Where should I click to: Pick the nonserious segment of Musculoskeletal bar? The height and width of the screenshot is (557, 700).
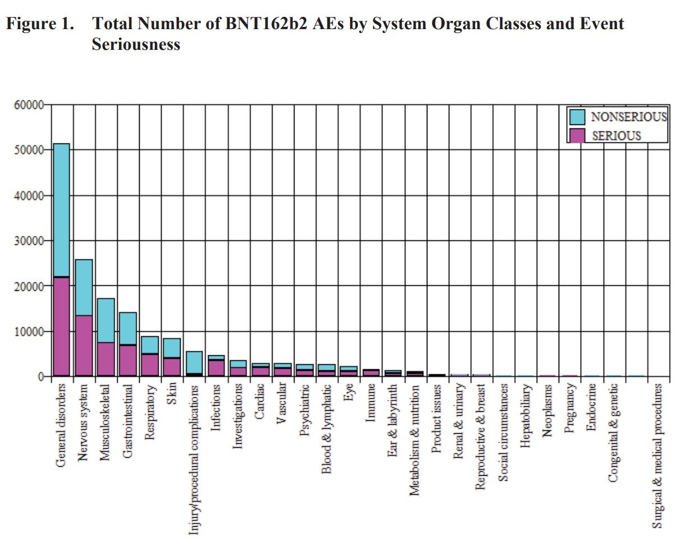tap(105, 320)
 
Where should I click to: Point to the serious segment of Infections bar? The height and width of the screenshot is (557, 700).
tap(217, 368)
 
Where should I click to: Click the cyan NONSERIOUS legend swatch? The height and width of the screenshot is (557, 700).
tap(577, 117)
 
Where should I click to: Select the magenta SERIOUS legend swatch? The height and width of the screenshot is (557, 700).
tap(577, 135)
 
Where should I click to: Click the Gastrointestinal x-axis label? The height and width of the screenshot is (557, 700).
tap(128, 421)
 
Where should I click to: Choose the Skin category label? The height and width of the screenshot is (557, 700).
tap(172, 393)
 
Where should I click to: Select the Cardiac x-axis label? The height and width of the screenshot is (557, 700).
tap(260, 400)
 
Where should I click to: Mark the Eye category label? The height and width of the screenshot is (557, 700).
tap(348, 393)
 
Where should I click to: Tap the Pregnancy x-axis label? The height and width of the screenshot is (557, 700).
tap(569, 407)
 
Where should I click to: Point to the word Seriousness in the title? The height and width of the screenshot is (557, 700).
tap(136, 44)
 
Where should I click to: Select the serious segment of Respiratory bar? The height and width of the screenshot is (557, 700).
tap(150, 365)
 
